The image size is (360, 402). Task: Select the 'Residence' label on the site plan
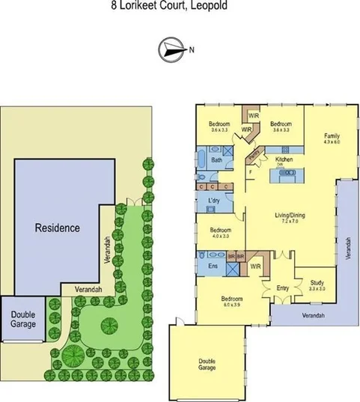point(58,228)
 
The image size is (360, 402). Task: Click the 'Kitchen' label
point(284,160)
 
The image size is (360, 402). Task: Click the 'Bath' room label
point(217,160)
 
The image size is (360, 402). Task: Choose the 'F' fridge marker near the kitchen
point(250,172)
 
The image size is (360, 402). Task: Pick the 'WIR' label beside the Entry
point(255,267)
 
